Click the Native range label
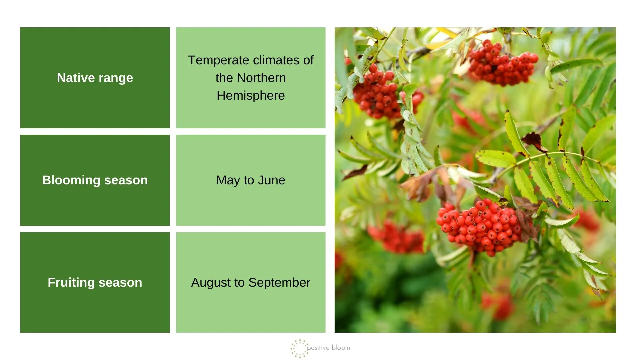tap(95, 78)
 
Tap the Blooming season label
tap(95, 180)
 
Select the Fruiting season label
tap(95, 282)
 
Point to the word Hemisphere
tap(251, 96)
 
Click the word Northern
tap(261, 78)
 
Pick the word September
tap(279, 283)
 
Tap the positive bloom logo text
tap(328, 348)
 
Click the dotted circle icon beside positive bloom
tap(299, 349)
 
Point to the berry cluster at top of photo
tap(502, 63)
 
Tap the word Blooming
tap(71, 180)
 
